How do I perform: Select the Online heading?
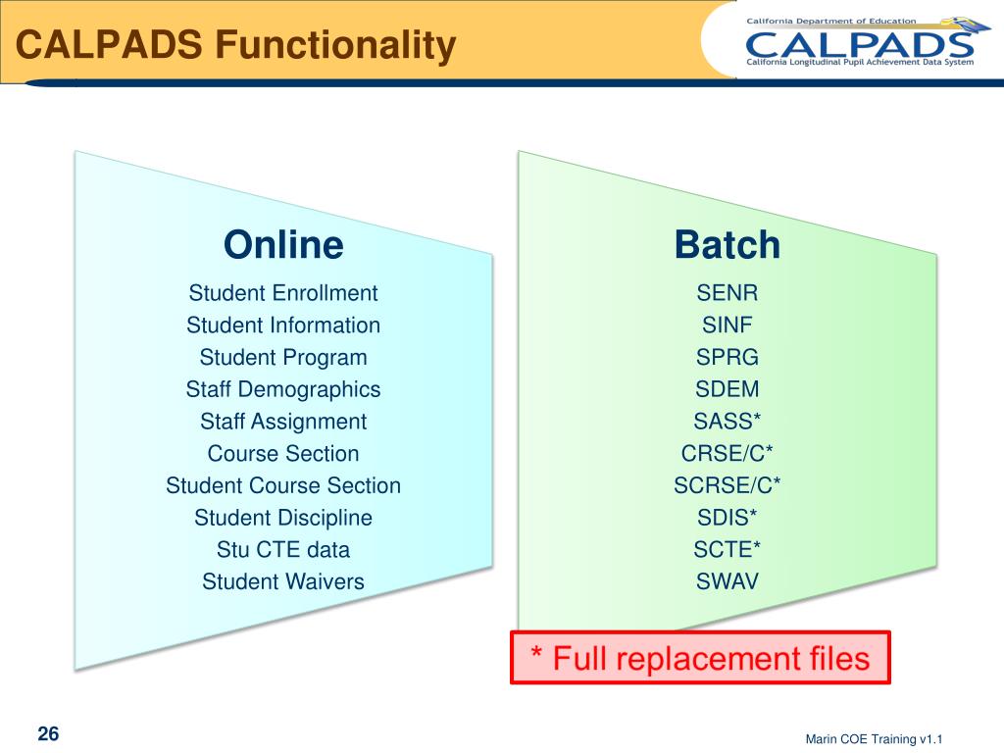point(283,245)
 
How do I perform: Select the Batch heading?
point(728,245)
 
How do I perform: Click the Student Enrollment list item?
point(283,293)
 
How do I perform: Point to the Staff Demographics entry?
point(283,389)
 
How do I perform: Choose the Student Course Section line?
point(283,485)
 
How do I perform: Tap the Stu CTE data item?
point(283,549)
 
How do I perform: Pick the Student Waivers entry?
point(283,581)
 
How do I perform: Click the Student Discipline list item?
point(283,518)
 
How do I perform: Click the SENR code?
point(728,293)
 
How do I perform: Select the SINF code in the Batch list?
point(728,326)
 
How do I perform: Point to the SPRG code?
point(728,357)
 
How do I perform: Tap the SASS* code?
point(728,422)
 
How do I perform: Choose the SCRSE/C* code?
point(728,485)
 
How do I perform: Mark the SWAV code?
point(728,581)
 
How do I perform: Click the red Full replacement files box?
point(700,657)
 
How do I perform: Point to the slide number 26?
point(48,734)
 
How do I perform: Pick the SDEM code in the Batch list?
point(728,389)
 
